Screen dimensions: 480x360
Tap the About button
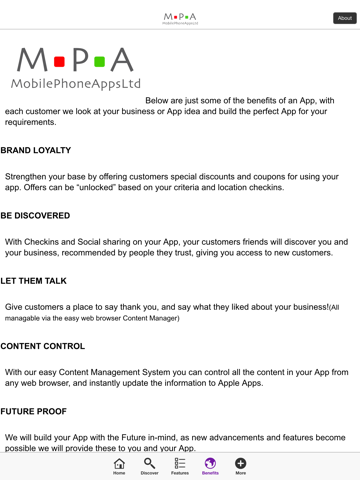344,18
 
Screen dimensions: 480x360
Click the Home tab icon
119,464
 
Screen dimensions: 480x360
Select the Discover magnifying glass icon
149,464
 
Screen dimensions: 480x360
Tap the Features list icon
180,464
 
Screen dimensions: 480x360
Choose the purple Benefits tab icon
210,464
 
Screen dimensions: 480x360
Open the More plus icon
241,464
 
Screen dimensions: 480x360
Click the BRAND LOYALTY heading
36,151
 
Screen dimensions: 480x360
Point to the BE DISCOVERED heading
36,216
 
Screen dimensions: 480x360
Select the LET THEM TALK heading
34,281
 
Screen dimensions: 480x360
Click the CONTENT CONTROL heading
43,346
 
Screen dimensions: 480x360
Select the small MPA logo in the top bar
180,18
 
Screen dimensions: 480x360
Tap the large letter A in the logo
121,59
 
